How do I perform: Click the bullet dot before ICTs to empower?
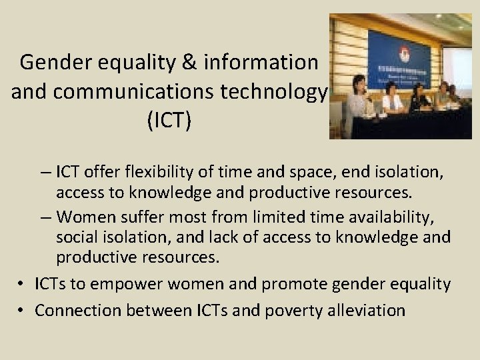coord(22,285)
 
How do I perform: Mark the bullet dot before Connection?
coord(22,310)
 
